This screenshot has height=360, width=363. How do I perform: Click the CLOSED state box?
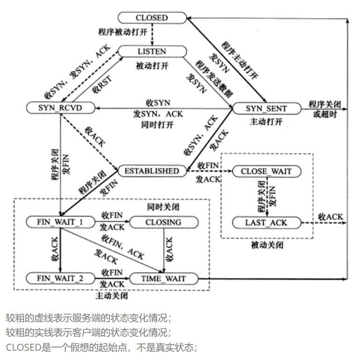(x=151, y=18)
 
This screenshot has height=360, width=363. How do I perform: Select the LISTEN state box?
(x=151, y=51)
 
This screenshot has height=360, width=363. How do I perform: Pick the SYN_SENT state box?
(x=267, y=109)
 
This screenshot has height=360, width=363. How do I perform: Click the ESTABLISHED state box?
(x=152, y=171)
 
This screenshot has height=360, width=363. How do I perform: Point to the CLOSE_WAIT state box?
(x=266, y=171)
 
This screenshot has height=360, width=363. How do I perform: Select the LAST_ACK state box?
(x=266, y=222)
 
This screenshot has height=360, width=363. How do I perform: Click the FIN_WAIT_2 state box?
(x=60, y=279)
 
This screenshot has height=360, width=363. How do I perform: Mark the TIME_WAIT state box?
(x=163, y=279)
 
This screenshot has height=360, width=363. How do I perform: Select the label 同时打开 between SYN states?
(x=157, y=125)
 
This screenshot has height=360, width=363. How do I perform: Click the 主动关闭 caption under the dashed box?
(x=112, y=296)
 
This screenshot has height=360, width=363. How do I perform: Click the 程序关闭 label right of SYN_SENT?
(x=323, y=103)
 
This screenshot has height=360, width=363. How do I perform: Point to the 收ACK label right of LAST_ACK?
(x=331, y=217)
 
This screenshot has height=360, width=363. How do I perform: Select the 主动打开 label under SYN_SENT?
(x=266, y=122)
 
